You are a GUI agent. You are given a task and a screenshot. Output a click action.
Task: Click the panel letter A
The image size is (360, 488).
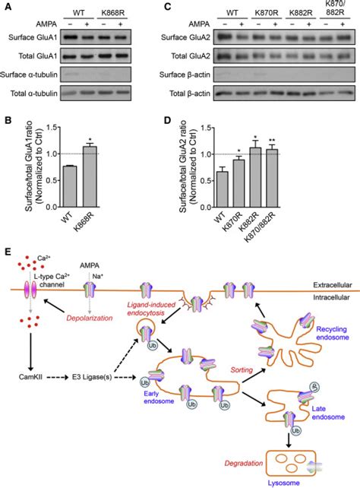click(x=6, y=6)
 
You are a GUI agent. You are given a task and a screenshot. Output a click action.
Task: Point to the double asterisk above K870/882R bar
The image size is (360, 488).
click(x=293, y=140)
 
